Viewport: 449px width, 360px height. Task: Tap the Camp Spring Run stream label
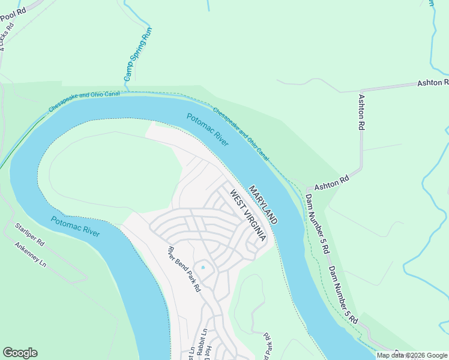click(x=138, y=54)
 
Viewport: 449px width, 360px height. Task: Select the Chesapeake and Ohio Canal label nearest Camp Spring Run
click(x=84, y=101)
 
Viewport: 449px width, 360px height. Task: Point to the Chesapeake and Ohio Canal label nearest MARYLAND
click(x=241, y=133)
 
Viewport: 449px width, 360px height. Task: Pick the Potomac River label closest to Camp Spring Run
click(x=207, y=130)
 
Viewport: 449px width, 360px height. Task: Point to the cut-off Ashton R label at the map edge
click(x=432, y=82)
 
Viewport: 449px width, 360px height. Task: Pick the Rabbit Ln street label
click(x=204, y=340)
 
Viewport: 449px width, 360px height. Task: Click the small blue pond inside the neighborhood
click(x=203, y=267)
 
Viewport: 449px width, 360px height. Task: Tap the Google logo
click(x=20, y=353)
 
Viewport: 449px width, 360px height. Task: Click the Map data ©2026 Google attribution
click(x=412, y=355)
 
